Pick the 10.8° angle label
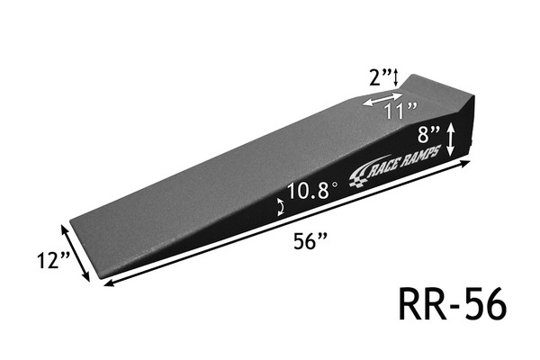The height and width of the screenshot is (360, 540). pos(311,192)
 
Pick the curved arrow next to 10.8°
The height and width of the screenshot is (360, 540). pos(281,207)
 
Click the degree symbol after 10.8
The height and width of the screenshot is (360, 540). pos(334,185)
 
